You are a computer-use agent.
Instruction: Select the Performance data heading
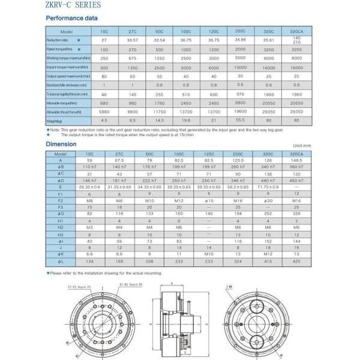(71, 18)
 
